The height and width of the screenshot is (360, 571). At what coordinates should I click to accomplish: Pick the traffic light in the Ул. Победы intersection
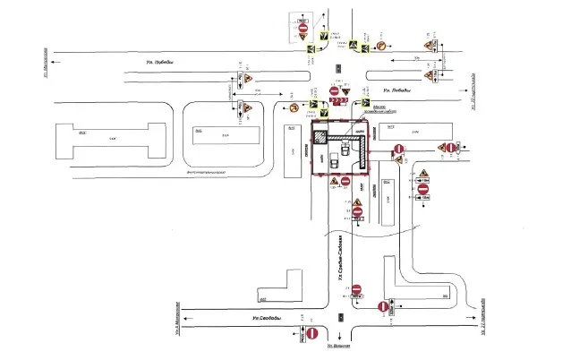(x=338, y=69)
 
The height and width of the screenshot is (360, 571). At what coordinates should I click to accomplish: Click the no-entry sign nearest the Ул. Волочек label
(x=313, y=334)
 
